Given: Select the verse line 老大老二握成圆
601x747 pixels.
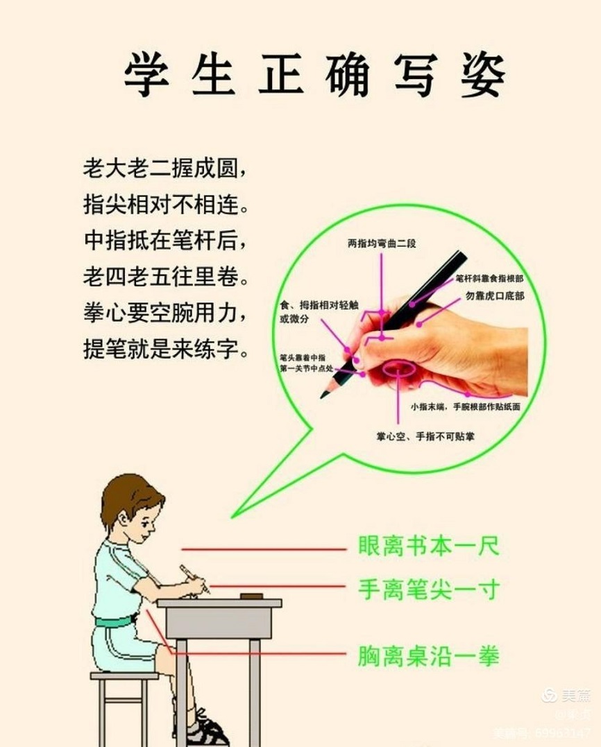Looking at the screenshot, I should pyautogui.click(x=164, y=169).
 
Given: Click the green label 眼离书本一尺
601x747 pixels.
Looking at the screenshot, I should pyautogui.click(x=428, y=546).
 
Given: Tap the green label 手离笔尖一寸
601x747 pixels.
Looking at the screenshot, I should pyautogui.click(x=428, y=590).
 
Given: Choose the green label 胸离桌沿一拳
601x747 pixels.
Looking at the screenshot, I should pyautogui.click(x=428, y=655).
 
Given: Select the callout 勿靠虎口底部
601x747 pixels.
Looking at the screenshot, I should pyautogui.click(x=495, y=295).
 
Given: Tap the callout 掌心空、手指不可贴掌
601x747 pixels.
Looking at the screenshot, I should pyautogui.click(x=425, y=437).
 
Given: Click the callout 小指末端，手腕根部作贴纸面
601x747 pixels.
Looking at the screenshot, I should pyautogui.click(x=465, y=406).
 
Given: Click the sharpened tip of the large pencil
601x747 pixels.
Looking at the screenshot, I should pyautogui.click(x=323, y=395).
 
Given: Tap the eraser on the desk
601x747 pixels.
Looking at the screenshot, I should pyautogui.click(x=250, y=596).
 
